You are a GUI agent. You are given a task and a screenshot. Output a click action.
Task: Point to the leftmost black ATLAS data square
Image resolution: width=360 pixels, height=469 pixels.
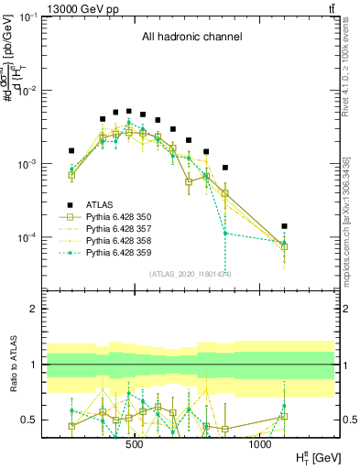click(x=71, y=151)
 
